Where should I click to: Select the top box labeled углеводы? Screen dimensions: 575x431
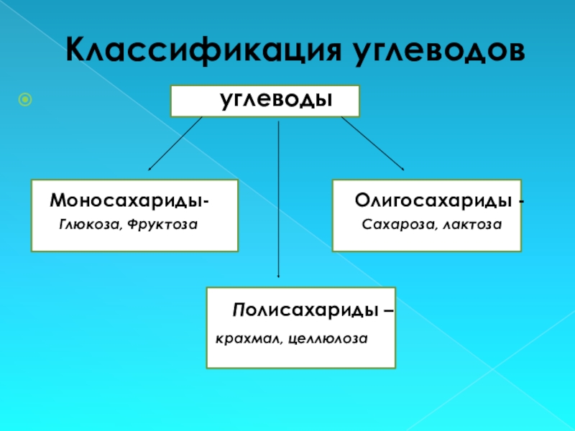pyautogui.click(x=264, y=101)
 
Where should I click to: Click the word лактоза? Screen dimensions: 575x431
pyautogui.click(x=471, y=226)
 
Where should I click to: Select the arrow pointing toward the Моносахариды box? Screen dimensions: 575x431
pyautogui.click(x=175, y=144)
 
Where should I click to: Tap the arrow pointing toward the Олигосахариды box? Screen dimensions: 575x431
pyautogui.click(x=372, y=144)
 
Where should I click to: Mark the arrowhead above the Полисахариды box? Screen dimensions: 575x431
pyautogui.click(x=279, y=274)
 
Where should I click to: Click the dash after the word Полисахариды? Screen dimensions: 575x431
pyautogui.click(x=389, y=311)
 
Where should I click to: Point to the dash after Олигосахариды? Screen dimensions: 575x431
pyautogui.click(x=521, y=200)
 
